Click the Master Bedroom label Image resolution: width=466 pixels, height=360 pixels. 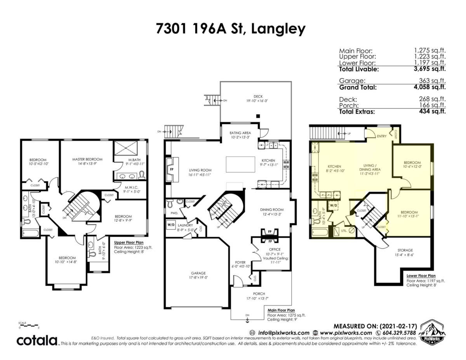[87, 159]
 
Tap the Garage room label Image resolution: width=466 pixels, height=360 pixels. [198, 273]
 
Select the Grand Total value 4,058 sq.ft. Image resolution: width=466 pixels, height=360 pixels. [429, 87]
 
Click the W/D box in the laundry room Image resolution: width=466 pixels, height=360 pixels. [171, 224]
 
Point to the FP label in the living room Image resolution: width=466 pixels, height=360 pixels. [172, 170]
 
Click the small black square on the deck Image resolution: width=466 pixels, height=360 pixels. [258, 116]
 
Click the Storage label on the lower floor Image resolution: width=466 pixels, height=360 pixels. [405, 250]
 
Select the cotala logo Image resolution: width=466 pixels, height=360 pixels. [37, 341]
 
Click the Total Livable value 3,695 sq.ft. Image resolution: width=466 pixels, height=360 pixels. [429, 69]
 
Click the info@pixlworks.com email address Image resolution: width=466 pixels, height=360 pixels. [279, 333]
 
